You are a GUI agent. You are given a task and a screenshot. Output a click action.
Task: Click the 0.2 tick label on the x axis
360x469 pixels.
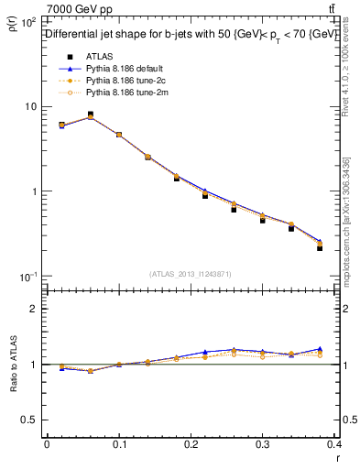pyautogui.click(x=191, y=446)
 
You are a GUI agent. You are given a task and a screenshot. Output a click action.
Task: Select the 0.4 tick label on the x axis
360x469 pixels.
pyautogui.click(x=334, y=446)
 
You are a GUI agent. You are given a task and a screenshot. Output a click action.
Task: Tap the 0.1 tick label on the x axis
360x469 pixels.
pyautogui.click(x=119, y=446)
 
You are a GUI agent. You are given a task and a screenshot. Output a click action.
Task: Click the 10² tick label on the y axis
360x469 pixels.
pyautogui.click(x=27, y=21)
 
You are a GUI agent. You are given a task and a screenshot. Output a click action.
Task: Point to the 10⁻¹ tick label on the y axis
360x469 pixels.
pyautogui.click(x=27, y=277)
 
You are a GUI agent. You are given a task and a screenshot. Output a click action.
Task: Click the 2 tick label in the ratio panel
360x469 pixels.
pyautogui.click(x=34, y=310)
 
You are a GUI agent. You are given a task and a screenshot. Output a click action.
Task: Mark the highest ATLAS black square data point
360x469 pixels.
pyautogui.click(x=90, y=115)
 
